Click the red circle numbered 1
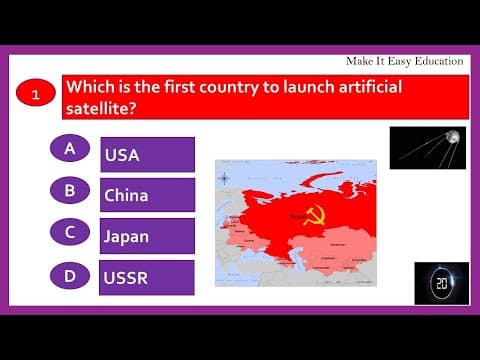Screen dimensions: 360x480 (x=36, y=96)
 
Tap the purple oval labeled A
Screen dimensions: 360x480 (x=70, y=148)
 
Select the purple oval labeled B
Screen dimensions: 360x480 (x=70, y=189)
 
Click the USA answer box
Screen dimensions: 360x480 (x=147, y=155)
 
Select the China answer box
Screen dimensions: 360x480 (x=147, y=195)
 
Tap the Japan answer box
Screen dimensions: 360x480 (x=147, y=236)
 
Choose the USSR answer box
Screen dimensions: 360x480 (x=147, y=277)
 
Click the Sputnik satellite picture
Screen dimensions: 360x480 (x=427, y=146)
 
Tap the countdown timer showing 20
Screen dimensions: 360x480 (x=441, y=283)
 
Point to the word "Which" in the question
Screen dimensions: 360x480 (x=91, y=87)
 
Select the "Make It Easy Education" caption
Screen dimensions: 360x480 (x=404, y=61)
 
